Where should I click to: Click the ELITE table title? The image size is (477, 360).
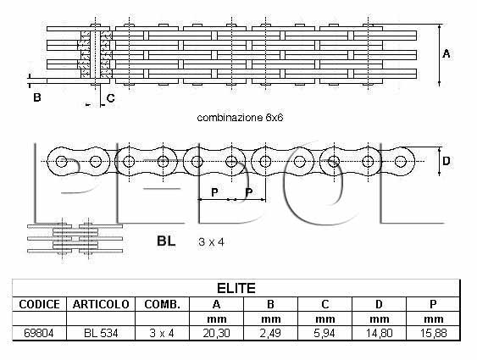[236, 288]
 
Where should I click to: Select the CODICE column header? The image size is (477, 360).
[39, 304]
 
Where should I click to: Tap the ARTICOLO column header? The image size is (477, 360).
[101, 304]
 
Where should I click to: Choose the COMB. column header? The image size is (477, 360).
[162, 304]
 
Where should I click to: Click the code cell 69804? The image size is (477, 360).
[39, 333]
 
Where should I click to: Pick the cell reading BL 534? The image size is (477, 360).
[101, 333]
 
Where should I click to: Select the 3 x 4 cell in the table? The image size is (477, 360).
[162, 333]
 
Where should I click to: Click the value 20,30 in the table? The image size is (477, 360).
[216, 333]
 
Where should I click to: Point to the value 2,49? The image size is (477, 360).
[270, 333]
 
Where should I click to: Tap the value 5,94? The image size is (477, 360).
[324, 333]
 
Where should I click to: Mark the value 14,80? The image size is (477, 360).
[379, 333]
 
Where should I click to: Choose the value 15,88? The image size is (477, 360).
[433, 333]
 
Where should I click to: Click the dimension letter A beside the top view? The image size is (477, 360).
[446, 54]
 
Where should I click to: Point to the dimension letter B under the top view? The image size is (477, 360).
[37, 97]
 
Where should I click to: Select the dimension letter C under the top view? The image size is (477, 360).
[110, 98]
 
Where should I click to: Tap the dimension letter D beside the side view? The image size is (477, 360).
[446, 161]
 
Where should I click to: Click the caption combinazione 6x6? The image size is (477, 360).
[240, 118]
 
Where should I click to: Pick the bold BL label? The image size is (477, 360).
[166, 241]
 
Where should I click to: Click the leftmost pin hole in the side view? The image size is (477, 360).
[62, 161]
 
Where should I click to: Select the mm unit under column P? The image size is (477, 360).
[433, 319]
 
